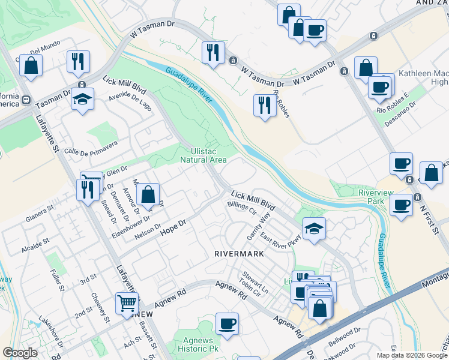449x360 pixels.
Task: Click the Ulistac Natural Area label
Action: (204, 155)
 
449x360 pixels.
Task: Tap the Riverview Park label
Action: (371, 197)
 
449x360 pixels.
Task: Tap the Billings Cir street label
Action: (241, 208)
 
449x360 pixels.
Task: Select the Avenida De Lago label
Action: (130, 98)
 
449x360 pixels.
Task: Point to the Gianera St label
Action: (40, 212)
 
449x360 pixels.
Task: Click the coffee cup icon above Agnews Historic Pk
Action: (228, 324)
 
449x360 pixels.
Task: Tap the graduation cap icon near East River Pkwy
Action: (313, 229)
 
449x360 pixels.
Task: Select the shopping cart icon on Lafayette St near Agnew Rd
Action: (127, 304)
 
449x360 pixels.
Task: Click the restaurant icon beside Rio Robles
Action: (264, 106)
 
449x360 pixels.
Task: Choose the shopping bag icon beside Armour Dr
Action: (148, 194)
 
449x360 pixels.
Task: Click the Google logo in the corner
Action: (20, 353)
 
